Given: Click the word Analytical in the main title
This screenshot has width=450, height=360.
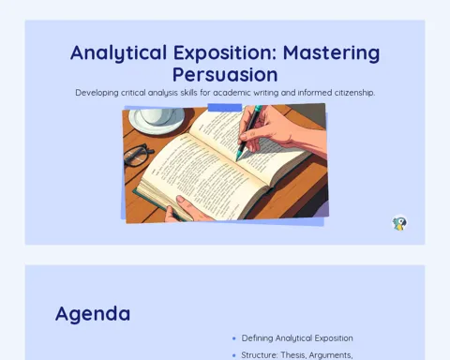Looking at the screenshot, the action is click(x=118, y=53).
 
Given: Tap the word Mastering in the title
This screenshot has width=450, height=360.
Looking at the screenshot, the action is click(x=332, y=53).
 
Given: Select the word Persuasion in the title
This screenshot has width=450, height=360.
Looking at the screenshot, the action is click(x=225, y=75).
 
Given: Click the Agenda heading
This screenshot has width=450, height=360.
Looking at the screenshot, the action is click(x=93, y=314).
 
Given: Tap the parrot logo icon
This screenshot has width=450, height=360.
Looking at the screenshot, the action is click(x=399, y=223).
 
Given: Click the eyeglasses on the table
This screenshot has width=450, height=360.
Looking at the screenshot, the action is click(x=138, y=155).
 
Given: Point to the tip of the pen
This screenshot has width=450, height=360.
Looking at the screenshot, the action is click(x=236, y=160).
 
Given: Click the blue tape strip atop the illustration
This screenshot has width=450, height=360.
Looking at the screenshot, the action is click(x=225, y=107).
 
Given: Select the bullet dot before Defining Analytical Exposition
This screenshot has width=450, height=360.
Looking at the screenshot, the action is click(x=234, y=338).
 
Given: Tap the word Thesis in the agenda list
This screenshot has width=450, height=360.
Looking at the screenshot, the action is click(x=293, y=355).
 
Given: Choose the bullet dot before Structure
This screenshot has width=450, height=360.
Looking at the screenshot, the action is click(x=234, y=355).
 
